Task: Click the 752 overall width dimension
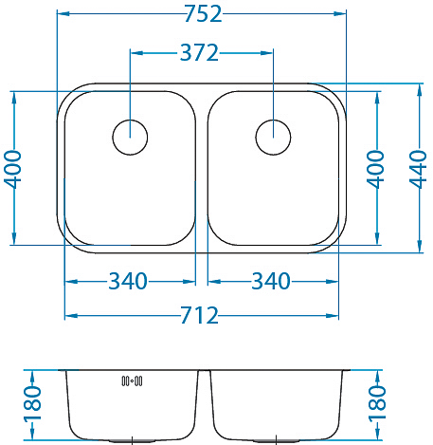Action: (x=203, y=13)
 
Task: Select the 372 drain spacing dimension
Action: (x=199, y=52)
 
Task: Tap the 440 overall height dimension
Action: (x=418, y=169)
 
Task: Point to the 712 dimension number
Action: (x=199, y=315)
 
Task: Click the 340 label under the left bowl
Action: (x=128, y=281)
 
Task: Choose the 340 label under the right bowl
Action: (x=271, y=281)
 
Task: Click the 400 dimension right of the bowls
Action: (x=375, y=169)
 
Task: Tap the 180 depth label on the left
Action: (x=32, y=404)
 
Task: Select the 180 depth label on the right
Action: (x=377, y=404)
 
